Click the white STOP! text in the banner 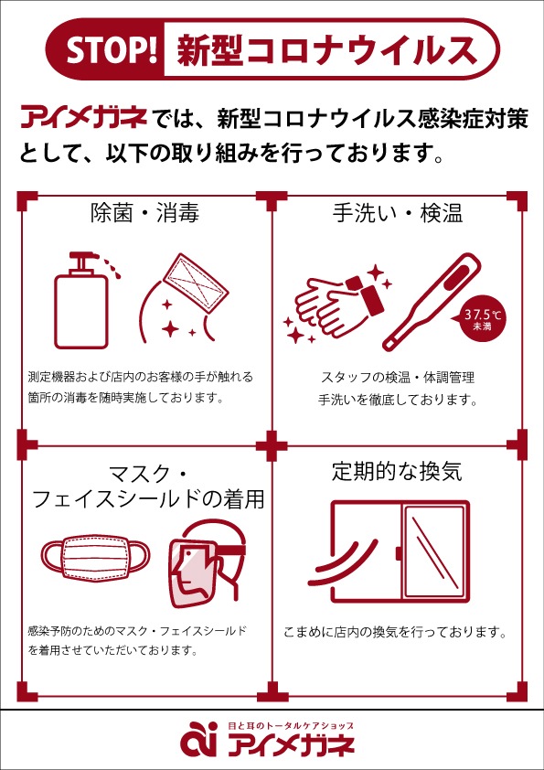point(111,49)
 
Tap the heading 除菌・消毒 point(144,214)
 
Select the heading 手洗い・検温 point(397,214)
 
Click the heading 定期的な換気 point(397,473)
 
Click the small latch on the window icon point(399,553)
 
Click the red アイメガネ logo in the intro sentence point(84,120)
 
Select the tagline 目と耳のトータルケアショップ point(290,725)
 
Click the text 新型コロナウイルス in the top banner point(327,50)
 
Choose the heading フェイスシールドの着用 point(148,500)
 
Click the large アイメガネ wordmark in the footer point(292,745)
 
